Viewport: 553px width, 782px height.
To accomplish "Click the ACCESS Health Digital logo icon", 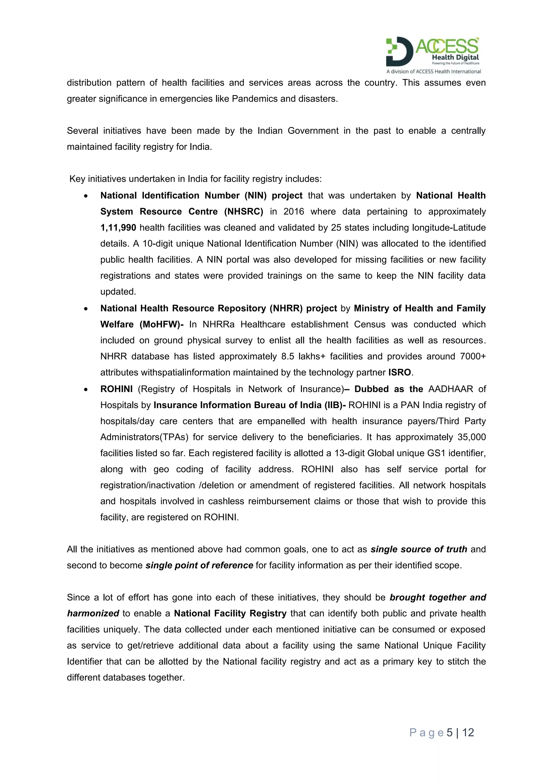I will click(399, 51).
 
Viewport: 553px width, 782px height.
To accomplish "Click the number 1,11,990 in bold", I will click(118, 228).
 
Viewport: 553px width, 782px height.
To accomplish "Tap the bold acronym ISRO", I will click(399, 372).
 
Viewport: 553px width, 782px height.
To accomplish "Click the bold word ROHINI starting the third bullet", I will click(116, 389).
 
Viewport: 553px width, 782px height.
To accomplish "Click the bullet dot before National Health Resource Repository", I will click(86, 309).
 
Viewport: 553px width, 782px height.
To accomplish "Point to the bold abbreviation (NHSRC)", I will click(244, 211).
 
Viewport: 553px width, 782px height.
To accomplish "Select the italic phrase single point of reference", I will click(199, 565).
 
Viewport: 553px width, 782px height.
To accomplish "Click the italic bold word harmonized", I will click(93, 614).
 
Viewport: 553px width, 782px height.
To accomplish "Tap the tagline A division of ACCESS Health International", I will click(433, 72).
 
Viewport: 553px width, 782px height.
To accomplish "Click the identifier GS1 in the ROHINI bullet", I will click(438, 453).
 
